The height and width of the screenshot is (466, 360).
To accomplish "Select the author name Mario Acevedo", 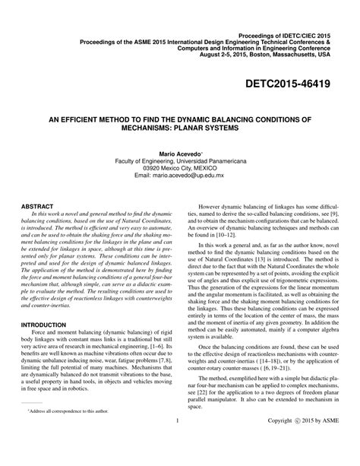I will tap(179, 154).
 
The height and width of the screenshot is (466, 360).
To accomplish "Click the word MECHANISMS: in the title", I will tap(143, 129).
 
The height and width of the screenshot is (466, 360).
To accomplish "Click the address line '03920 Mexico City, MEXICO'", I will tap(180, 169).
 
